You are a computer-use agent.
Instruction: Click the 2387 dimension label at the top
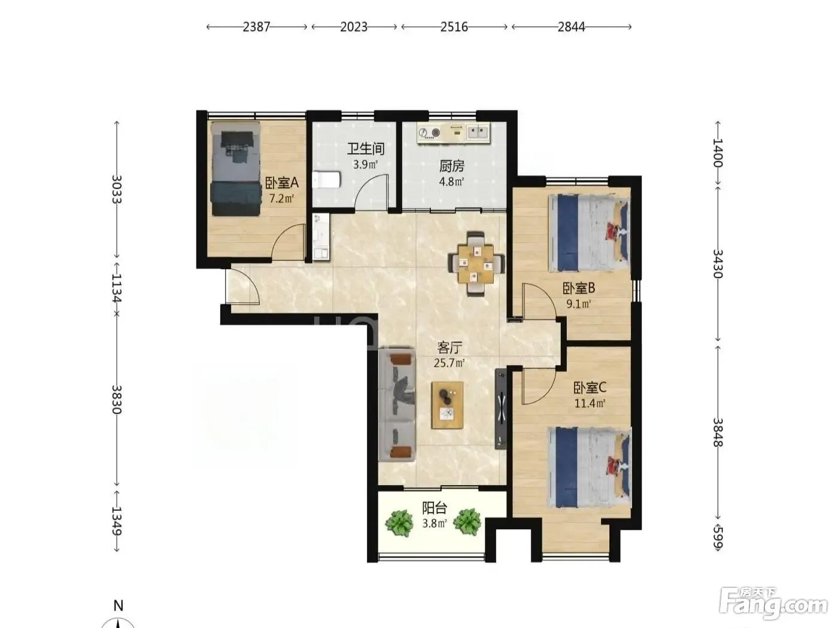click(257, 27)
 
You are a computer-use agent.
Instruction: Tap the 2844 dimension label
click(571, 27)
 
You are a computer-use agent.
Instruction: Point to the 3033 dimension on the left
click(117, 189)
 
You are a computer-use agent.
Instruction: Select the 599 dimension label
click(718, 537)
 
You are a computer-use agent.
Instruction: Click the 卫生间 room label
click(365, 149)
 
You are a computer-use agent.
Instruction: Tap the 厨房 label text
click(452, 166)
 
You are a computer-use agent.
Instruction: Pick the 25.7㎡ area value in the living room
click(450, 362)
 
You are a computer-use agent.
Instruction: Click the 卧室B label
click(579, 288)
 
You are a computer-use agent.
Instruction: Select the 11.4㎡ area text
click(590, 403)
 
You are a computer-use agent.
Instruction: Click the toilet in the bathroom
click(326, 180)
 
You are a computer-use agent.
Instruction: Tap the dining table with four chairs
click(476, 264)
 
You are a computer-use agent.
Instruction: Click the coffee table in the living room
click(448, 406)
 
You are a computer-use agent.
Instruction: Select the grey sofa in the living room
click(397, 405)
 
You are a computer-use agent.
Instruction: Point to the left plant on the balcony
click(399, 522)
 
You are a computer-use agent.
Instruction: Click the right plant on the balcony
click(467, 522)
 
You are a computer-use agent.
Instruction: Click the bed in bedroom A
click(236, 169)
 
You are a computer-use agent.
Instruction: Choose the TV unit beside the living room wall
click(501, 408)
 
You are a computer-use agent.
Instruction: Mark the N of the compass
click(119, 605)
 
